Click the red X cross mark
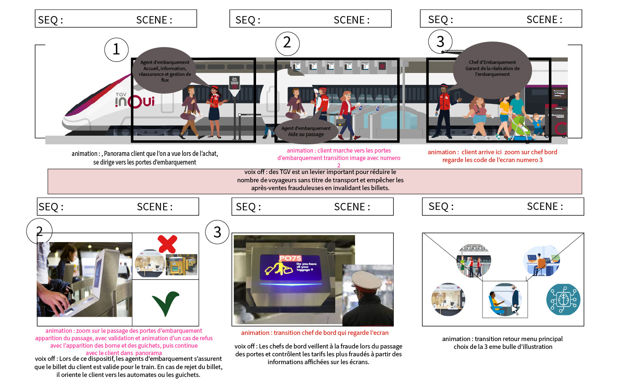pyautogui.click(x=167, y=244)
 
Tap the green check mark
pyautogui.click(x=166, y=303)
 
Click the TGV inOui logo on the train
pyautogui.click(x=135, y=100)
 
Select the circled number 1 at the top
pyautogui.click(x=116, y=49)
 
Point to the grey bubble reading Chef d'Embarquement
pyautogui.click(x=492, y=69)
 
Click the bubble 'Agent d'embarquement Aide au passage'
pyautogui.click(x=306, y=132)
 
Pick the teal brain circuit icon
pyautogui.click(x=563, y=299)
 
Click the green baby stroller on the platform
pyautogui.click(x=520, y=125)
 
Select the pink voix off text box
pyautogui.click(x=315, y=181)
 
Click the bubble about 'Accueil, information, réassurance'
pyautogui.click(x=165, y=71)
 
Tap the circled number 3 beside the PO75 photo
pyautogui.click(x=217, y=232)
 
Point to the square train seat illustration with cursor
pyautogui.click(x=505, y=299)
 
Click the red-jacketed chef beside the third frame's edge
pyautogui.click(x=444, y=109)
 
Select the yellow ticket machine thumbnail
pyautogui.click(x=181, y=264)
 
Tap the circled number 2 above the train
pyautogui.click(x=287, y=43)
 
